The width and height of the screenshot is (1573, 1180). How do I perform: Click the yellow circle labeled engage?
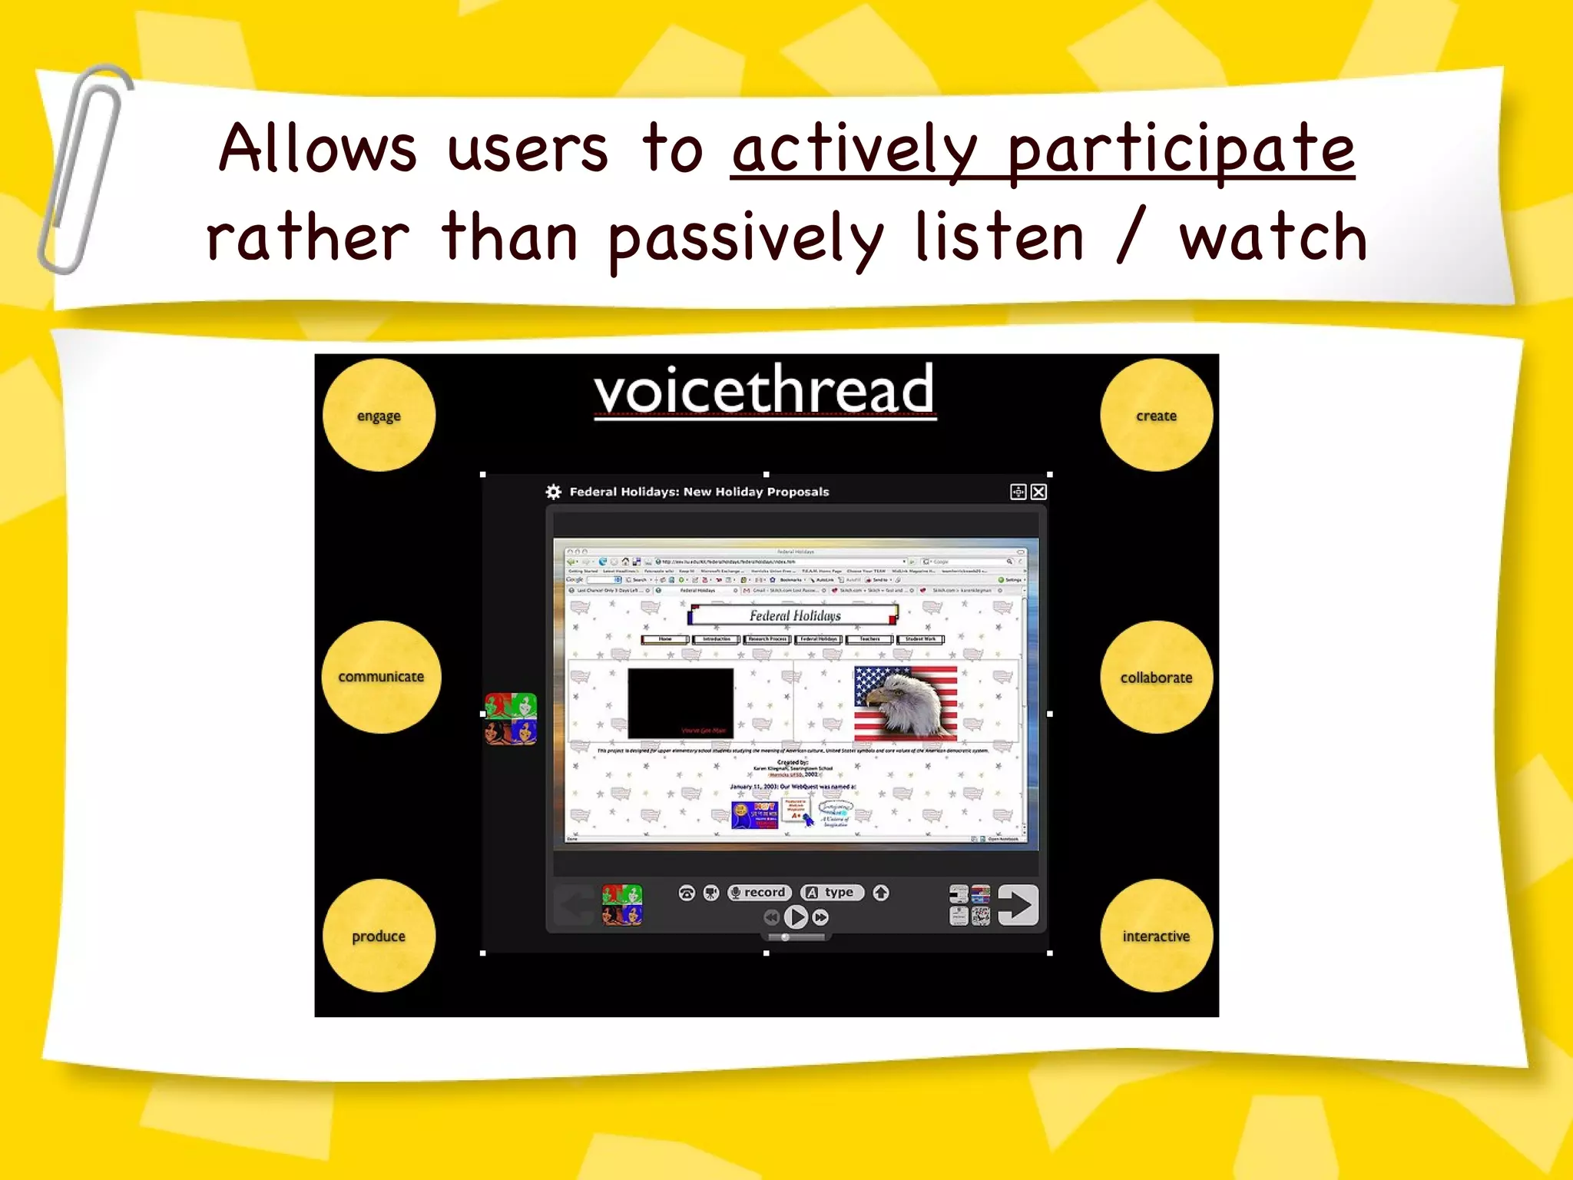click(379, 415)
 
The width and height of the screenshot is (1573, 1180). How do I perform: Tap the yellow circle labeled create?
click(1156, 415)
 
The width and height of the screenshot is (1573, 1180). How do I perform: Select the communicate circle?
click(381, 677)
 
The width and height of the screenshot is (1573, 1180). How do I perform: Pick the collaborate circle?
click(1156, 677)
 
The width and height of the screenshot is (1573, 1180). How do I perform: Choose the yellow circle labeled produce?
click(379, 936)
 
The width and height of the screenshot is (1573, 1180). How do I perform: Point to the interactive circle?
click(1156, 936)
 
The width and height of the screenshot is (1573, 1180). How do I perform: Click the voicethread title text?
click(764, 390)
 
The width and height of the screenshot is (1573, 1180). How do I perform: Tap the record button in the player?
click(759, 892)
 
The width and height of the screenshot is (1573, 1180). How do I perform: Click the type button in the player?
click(833, 892)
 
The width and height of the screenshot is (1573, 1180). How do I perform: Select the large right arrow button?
click(1018, 905)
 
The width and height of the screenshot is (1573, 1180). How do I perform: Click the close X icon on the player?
click(1038, 492)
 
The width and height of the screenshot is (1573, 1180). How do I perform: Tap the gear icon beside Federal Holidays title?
click(553, 492)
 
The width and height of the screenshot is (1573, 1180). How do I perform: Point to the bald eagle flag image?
click(906, 702)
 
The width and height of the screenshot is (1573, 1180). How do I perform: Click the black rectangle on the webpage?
click(680, 703)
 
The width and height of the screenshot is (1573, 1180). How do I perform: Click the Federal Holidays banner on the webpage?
click(794, 615)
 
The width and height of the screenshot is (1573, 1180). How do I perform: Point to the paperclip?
click(82, 169)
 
